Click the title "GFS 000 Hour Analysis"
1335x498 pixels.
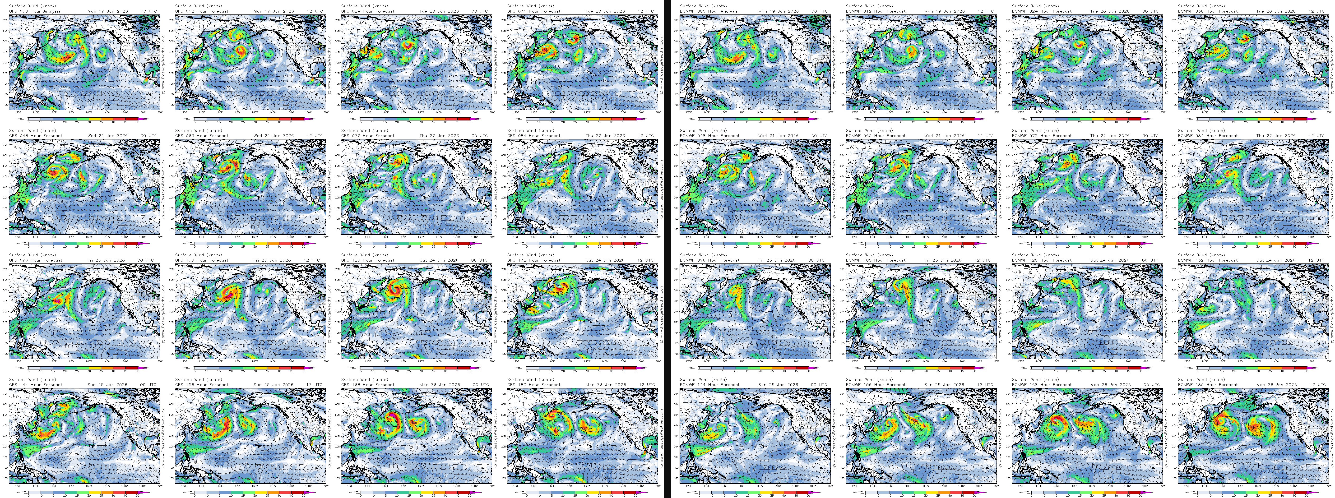coord(35,11)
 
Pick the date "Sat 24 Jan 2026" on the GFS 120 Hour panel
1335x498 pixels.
coord(439,260)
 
